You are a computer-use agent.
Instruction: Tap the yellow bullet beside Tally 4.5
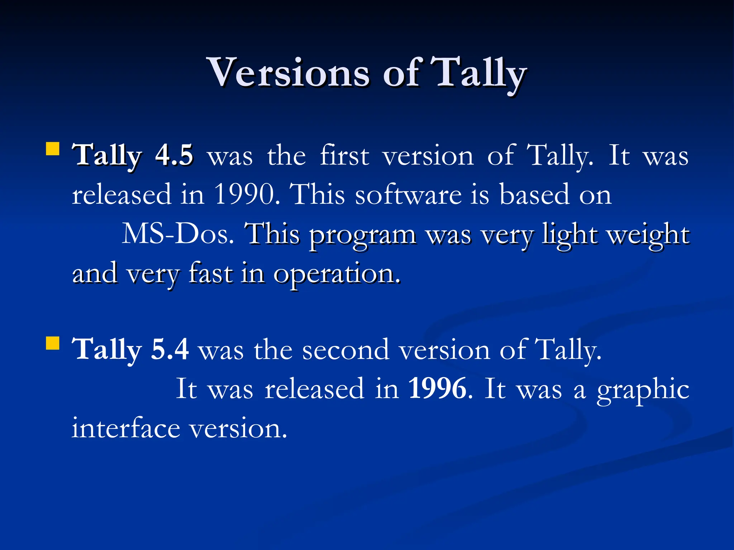[x=53, y=149]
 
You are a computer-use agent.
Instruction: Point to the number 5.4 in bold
[x=170, y=349]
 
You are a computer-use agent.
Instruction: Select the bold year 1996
[x=438, y=389]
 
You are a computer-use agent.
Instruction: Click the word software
[x=408, y=194]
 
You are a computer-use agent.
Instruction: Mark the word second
[x=345, y=349]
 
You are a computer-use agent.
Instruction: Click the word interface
[x=126, y=428]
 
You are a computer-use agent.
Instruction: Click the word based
[x=534, y=194]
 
